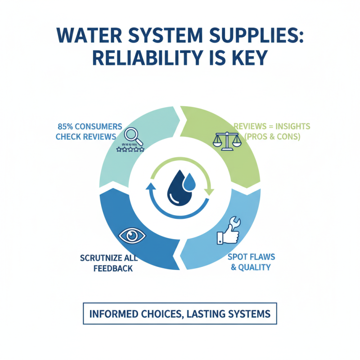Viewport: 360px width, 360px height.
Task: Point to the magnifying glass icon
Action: [133, 135]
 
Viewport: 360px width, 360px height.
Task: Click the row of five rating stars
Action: [130, 148]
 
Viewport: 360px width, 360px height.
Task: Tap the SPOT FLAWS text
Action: [251, 256]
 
